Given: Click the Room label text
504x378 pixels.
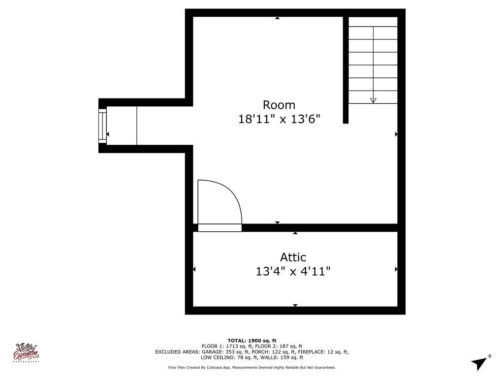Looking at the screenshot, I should coord(279,105).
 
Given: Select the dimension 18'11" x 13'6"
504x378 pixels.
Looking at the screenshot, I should coord(279,119).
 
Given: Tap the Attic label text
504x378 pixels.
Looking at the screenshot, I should coord(293,257).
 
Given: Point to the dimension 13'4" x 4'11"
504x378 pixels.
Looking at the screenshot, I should coord(293,271).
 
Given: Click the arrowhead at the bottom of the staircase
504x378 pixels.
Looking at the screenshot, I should coord(373,100).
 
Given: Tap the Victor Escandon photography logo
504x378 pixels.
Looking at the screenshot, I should coord(28,352).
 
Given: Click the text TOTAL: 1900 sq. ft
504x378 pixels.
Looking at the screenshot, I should coord(252,341).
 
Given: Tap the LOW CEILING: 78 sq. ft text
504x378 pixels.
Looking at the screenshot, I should coord(227,358).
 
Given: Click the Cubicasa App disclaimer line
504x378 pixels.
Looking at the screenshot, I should coord(252,368).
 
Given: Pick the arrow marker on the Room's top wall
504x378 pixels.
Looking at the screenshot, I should coord(277,18).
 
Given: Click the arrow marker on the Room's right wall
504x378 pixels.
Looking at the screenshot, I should coord(396,134).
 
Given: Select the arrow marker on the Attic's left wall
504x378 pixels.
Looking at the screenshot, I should coord(194,269).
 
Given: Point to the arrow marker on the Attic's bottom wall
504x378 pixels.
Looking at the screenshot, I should coord(295,306).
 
